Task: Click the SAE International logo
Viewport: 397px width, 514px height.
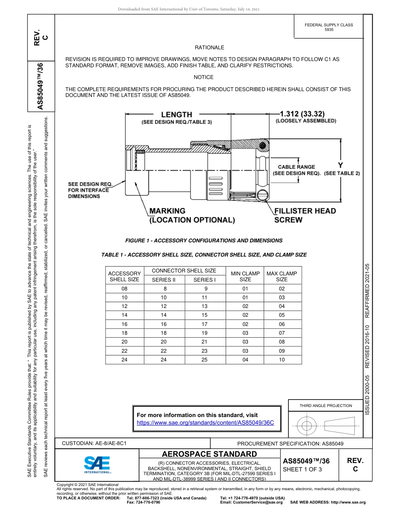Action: coord(97,464)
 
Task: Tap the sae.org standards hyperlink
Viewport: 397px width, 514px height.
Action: coord(205,422)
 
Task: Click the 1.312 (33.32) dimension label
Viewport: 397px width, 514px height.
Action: coord(305,114)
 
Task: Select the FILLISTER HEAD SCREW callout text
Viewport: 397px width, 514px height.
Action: coord(305,215)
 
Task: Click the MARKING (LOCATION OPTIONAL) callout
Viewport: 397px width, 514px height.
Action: coord(192,215)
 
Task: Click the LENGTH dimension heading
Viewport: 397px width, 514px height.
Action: coord(176,115)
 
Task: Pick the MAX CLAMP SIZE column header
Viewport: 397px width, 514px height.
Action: coord(282,277)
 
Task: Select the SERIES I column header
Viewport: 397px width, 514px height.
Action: coord(204,280)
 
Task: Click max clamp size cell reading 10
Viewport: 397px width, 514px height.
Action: coord(282,360)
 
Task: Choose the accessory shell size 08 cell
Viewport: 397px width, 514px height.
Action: coord(124,289)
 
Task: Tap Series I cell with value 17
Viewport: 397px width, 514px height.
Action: coord(204,324)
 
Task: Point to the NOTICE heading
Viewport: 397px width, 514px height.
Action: coord(204,77)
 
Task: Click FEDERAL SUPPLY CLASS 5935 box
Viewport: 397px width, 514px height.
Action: coord(328,27)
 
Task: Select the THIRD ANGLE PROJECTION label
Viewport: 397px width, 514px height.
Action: coord(326,405)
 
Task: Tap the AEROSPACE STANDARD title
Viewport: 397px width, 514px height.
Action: coord(209,454)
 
